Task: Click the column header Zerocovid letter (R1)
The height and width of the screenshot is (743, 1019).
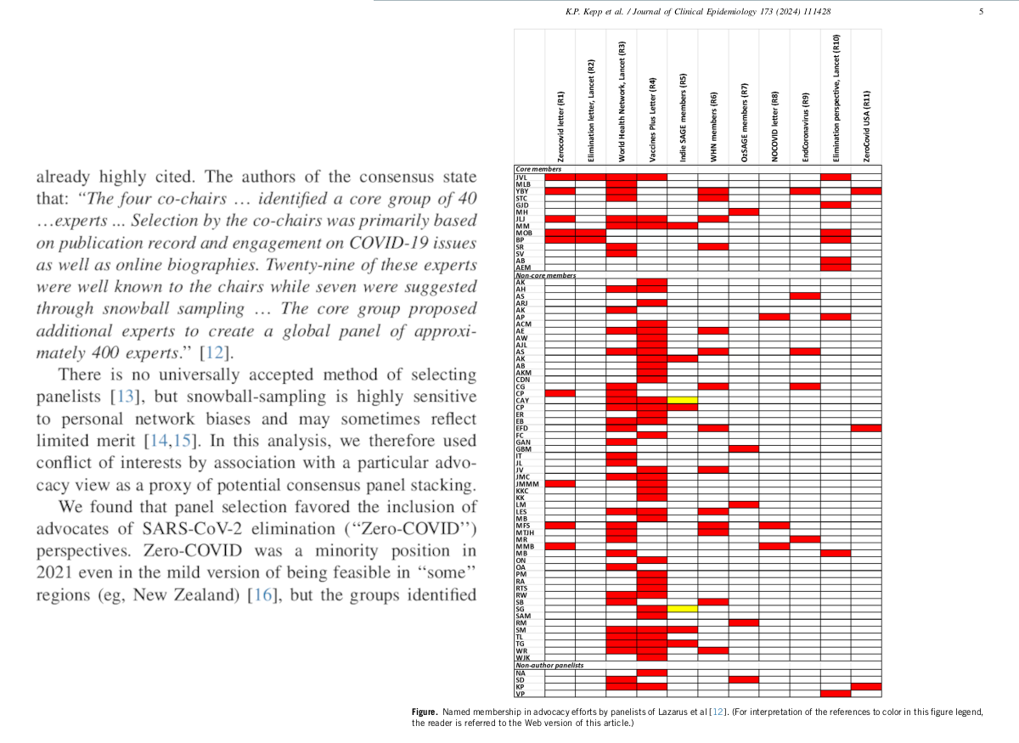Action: click(x=560, y=127)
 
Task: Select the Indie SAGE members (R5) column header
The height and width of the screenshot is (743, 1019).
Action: click(x=683, y=117)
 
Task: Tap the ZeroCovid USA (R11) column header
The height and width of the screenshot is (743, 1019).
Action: click(x=867, y=126)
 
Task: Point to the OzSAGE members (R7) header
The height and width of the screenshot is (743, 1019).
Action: click(x=744, y=122)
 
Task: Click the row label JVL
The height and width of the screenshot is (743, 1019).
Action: click(x=521, y=177)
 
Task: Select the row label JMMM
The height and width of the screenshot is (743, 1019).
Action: click(x=527, y=484)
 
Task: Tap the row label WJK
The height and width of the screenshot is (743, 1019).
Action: click(x=523, y=658)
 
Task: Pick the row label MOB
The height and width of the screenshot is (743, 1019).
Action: click(x=524, y=233)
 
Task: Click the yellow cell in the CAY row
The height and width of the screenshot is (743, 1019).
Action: click(x=683, y=401)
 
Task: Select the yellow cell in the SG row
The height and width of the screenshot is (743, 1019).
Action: click(x=683, y=609)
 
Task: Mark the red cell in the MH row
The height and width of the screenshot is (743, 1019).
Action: click(x=744, y=212)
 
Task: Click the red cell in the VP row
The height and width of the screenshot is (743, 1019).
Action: click(x=836, y=694)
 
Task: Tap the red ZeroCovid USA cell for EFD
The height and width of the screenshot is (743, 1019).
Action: click(x=866, y=428)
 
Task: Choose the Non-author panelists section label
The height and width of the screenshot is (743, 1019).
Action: click(x=549, y=665)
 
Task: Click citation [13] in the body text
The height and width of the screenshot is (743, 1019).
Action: click(x=125, y=397)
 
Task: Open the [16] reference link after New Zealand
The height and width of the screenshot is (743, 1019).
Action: click(x=262, y=595)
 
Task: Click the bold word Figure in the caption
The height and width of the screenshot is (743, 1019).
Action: click(x=425, y=712)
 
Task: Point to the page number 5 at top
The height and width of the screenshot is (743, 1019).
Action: click(x=982, y=12)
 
